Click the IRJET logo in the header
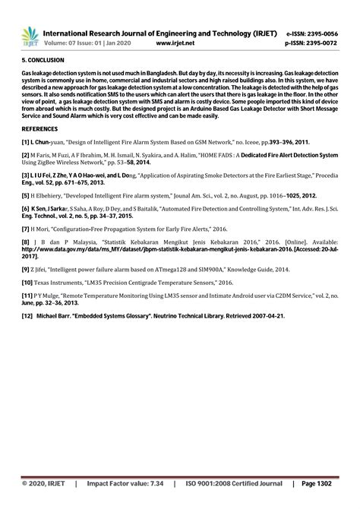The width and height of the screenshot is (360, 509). (x=30, y=36)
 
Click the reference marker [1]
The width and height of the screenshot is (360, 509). (x=26, y=142)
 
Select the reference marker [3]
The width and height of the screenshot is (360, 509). (x=26, y=175)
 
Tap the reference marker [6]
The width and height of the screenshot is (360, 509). (x=26, y=208)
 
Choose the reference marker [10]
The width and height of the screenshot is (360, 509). (x=27, y=281)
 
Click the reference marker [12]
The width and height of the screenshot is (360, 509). (x=27, y=315)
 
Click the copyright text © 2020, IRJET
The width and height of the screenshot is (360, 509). (x=43, y=483)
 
